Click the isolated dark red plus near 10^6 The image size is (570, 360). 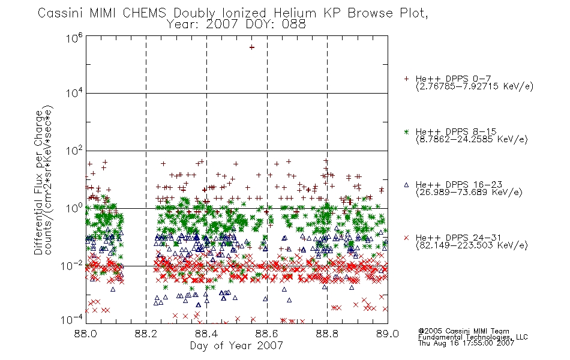(251, 47)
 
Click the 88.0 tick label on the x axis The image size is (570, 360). (85, 334)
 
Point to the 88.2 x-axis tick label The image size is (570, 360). (146, 334)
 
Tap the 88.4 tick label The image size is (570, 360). (206, 334)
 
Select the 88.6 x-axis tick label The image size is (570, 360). (267, 334)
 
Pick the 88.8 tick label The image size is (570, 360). (327, 334)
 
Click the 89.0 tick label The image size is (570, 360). (388, 334)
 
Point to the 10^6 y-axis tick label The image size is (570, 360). (74, 38)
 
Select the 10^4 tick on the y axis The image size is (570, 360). (74, 93)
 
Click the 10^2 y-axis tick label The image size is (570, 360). (74, 150)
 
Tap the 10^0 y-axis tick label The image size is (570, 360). (74, 208)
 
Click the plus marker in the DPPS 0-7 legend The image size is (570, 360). (406, 79)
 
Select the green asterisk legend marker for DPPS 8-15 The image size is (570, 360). (406, 131)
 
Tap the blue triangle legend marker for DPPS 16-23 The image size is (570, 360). (406, 185)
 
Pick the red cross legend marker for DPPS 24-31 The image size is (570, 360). (406, 238)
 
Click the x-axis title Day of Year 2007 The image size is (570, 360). (236, 346)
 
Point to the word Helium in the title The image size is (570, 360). (295, 13)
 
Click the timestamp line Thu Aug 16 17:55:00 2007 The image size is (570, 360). (466, 343)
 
